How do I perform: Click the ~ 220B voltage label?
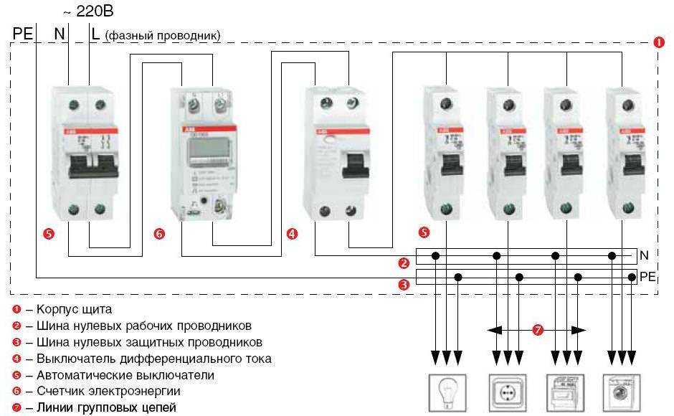[x=88, y=11]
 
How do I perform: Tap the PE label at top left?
[x=23, y=34]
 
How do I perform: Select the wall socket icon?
[x=507, y=393]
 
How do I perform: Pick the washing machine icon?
[x=621, y=393]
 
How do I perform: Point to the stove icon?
[x=565, y=393]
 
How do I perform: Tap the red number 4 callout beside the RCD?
[x=292, y=234]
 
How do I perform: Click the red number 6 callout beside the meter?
[x=159, y=234]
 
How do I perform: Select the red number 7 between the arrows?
[x=538, y=330]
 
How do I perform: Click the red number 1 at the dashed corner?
[x=660, y=42]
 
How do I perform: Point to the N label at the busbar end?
[x=644, y=255]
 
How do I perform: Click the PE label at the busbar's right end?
[x=647, y=276]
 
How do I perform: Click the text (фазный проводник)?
[x=163, y=35]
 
